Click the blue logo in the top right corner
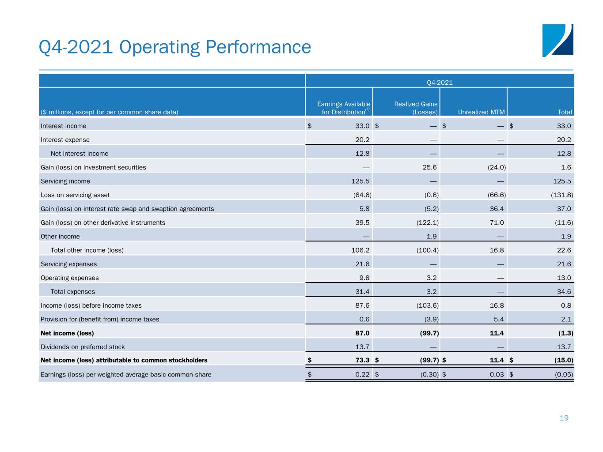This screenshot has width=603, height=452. click(557, 41)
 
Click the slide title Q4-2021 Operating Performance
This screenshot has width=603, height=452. click(175, 47)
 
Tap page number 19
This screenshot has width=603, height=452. click(564, 418)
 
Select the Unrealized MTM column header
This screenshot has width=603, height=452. click(481, 112)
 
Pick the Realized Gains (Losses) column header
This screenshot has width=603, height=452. click(416, 108)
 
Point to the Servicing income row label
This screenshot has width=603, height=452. click(65, 181)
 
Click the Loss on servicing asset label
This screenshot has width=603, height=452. click(75, 195)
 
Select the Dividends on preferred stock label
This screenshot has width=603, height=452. click(83, 347)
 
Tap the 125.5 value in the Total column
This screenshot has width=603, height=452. click(562, 181)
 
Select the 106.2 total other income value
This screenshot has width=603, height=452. click(360, 250)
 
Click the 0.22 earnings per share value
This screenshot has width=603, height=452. click(362, 375)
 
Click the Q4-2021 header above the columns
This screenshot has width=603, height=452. click(440, 82)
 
